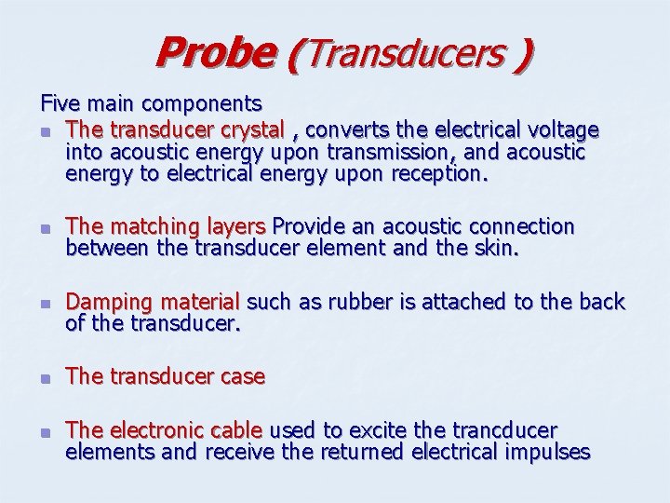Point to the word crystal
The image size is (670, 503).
(248, 129)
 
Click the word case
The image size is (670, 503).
(243, 376)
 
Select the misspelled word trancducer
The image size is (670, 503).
(504, 430)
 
